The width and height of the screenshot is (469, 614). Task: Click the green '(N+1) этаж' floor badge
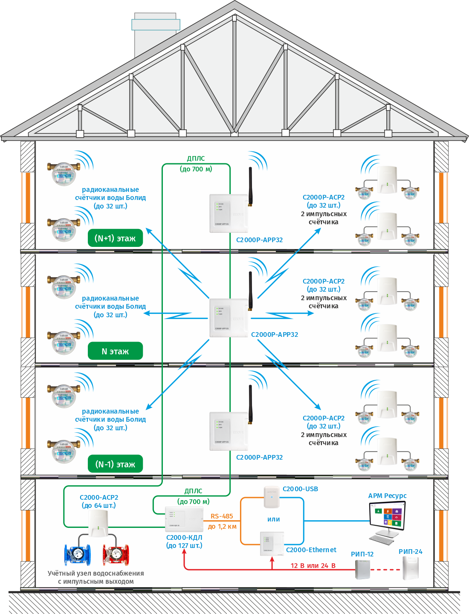(115, 238)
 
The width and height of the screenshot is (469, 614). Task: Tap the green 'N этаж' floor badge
(115, 351)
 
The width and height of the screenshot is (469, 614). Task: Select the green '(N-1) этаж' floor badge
(115, 464)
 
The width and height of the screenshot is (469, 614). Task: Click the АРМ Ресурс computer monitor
(387, 516)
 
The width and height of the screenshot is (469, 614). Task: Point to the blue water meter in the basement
(77, 554)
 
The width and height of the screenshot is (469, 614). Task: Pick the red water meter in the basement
(116, 554)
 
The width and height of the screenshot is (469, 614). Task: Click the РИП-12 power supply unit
(362, 569)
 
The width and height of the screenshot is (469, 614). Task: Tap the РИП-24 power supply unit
(411, 568)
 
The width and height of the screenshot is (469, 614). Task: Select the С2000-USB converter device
(272, 497)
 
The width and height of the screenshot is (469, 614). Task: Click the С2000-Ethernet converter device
(272, 544)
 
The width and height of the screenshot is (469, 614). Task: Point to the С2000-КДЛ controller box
(184, 519)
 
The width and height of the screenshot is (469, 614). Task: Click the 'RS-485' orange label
(222, 516)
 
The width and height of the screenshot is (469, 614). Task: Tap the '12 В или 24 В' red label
(313, 566)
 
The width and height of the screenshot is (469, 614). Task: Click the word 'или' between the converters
(274, 519)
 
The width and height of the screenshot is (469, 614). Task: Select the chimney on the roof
(155, 36)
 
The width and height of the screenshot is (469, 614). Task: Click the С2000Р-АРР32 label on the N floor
(275, 335)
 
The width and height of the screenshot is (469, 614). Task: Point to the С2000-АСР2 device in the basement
(98, 523)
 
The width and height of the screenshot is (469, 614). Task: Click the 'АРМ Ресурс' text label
(387, 496)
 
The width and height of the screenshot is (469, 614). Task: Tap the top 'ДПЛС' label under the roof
(196, 159)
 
